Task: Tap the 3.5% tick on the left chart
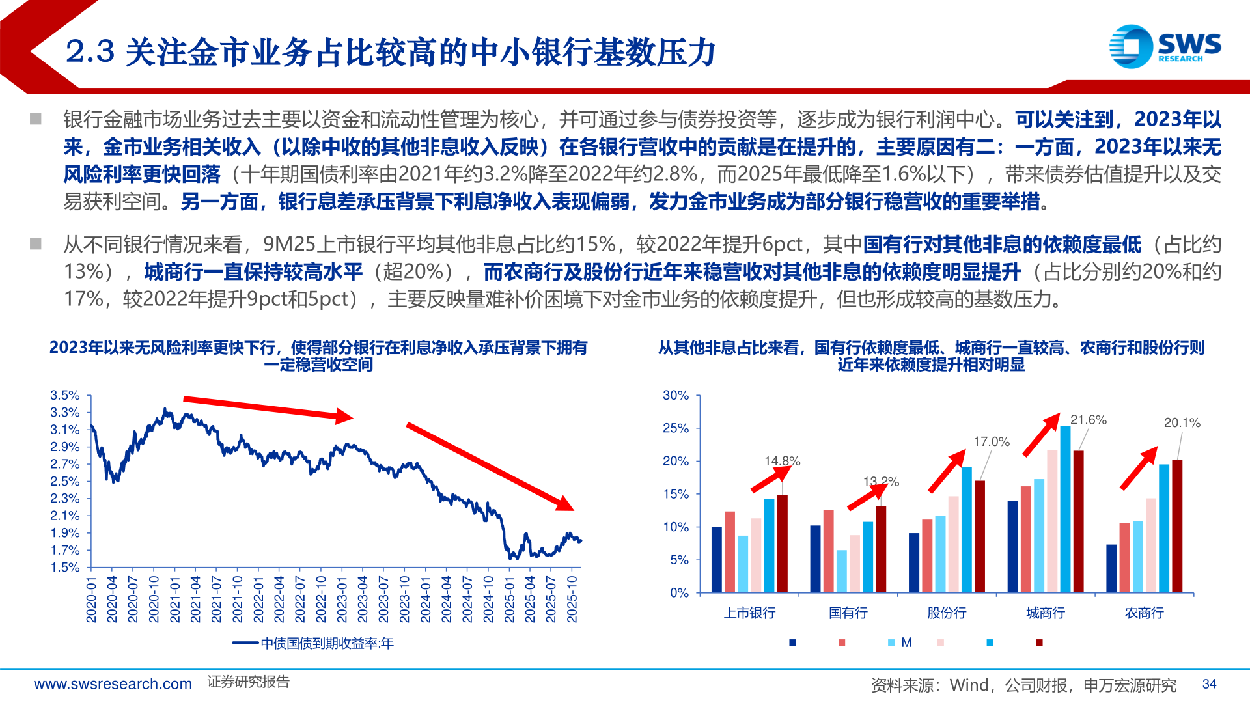pos(65,396)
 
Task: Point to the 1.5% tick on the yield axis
pos(65,568)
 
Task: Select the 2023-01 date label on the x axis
pos(342,600)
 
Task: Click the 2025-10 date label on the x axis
pos(572,600)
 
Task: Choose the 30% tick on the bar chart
pos(675,396)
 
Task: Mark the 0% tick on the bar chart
pos(679,593)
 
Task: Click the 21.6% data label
pos(1088,420)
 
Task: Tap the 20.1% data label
pos(1182,423)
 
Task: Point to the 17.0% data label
pos(991,442)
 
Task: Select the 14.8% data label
pos(782,461)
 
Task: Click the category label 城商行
pos(1046,613)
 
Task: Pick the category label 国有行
pos(848,613)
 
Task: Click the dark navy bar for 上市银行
pos(717,560)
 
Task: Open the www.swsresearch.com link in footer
pos(113,684)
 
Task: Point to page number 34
pos(1209,684)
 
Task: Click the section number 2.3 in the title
pos(90,52)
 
